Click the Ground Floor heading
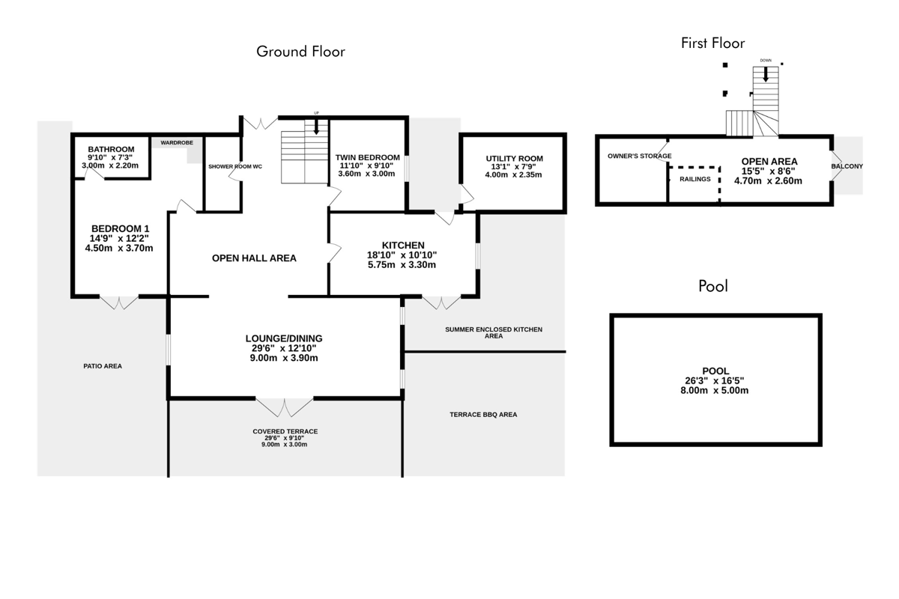300,52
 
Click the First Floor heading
712,43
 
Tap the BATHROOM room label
111,149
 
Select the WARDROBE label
177,142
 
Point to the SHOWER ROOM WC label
235,166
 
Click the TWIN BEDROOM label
368,158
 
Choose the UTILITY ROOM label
515,159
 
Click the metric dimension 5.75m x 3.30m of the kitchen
402,265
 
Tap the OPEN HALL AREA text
254,258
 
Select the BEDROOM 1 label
121,228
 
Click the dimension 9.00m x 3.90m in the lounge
284,358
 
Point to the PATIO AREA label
103,366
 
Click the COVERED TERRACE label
285,431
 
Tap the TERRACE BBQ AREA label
483,415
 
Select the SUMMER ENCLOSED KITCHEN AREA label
494,332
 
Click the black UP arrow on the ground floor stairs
316,127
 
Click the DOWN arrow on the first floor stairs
766,75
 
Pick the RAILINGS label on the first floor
695,179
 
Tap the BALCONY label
847,166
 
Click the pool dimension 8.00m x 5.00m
715,390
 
